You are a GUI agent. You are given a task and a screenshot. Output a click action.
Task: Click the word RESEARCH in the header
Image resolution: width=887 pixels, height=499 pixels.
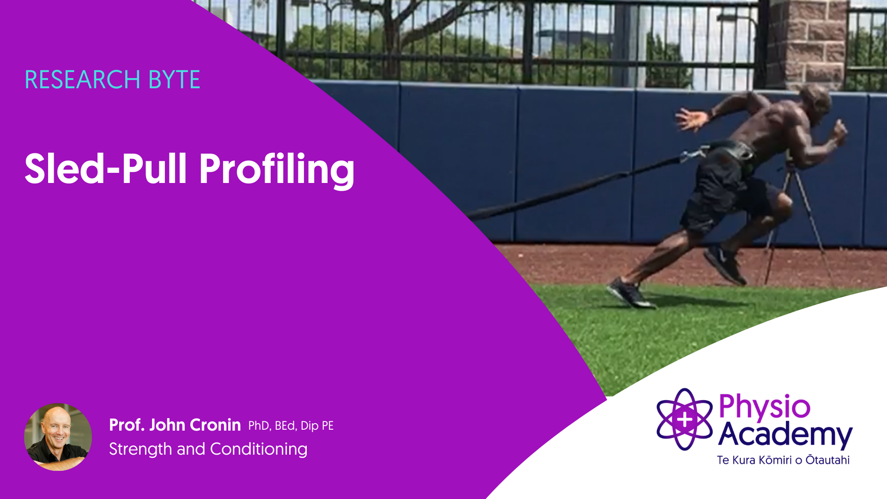[82, 79]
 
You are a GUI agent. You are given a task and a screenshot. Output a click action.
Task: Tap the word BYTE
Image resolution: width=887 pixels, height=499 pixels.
[174, 79]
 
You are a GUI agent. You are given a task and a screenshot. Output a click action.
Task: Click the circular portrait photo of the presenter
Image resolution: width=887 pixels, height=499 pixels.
[58, 437]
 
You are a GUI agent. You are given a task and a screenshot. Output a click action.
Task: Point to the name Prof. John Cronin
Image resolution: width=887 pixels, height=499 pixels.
[175, 425]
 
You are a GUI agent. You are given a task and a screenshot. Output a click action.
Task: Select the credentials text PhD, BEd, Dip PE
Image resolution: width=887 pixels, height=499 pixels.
[291, 426]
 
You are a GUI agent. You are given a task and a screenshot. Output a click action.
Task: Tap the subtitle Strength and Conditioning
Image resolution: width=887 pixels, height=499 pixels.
[208, 449]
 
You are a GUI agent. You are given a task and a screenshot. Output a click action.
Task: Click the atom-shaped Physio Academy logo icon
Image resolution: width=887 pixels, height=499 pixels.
[685, 420]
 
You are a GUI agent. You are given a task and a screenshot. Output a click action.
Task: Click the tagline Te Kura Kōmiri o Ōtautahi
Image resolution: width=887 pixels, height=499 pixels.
[784, 460]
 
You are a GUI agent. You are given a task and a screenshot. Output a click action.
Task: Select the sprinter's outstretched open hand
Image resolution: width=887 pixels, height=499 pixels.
[692, 118]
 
